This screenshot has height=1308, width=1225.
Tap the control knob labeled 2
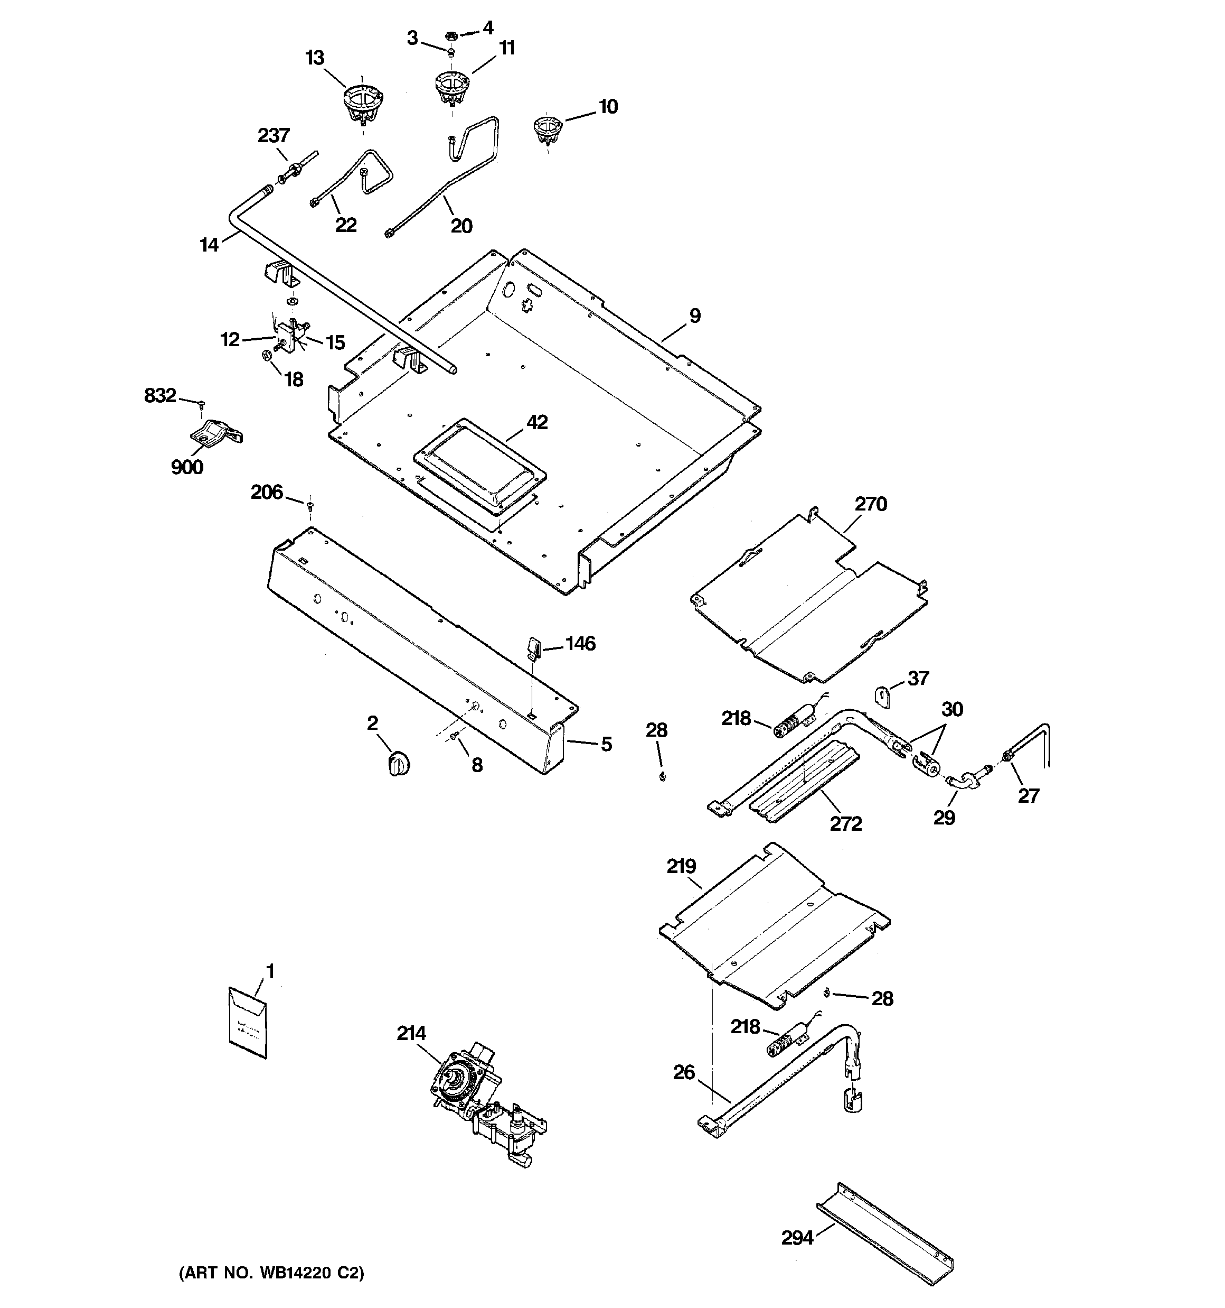399,763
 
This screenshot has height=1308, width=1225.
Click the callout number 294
797,1238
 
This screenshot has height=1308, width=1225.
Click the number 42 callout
536,422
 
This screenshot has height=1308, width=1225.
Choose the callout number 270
871,504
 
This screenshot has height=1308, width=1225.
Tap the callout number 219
681,867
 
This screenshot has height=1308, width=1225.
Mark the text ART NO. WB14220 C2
271,1273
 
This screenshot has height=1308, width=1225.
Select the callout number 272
845,824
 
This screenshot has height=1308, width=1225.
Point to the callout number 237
273,135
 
